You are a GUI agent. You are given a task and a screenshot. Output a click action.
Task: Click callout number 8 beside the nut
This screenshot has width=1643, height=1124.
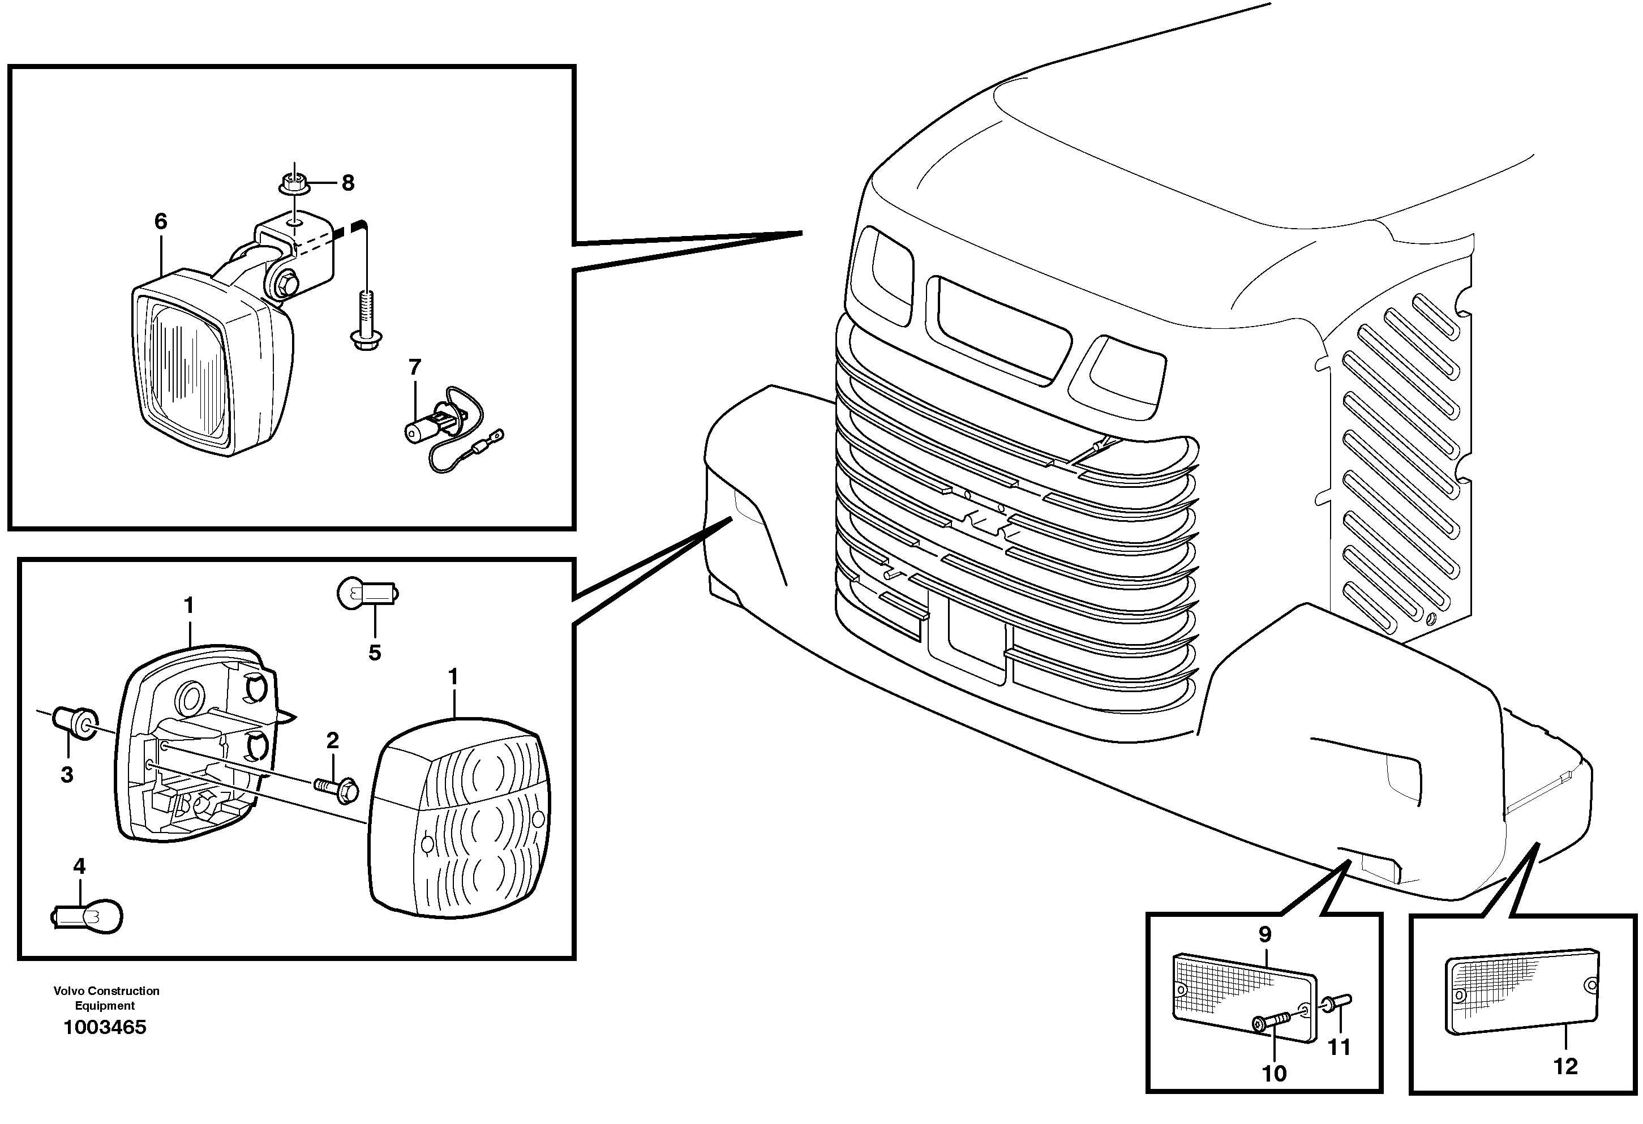pyautogui.click(x=347, y=183)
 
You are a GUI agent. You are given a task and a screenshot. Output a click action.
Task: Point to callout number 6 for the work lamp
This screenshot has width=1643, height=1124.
pyautogui.click(x=161, y=222)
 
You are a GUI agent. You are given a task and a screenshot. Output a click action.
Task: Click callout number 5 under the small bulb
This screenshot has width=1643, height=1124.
pyautogui.click(x=374, y=653)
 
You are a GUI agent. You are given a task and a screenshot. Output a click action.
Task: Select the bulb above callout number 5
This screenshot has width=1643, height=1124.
pyautogui.click(x=368, y=593)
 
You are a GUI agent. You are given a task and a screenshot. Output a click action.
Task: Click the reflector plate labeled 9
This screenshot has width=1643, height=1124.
pyautogui.click(x=1243, y=997)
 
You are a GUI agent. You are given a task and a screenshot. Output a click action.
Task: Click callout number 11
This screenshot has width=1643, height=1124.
pyautogui.click(x=1339, y=1047)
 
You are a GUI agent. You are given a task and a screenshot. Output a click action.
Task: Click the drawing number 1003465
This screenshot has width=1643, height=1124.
pyautogui.click(x=105, y=1027)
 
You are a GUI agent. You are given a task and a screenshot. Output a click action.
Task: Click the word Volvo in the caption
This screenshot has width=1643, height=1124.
pyautogui.click(x=68, y=991)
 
